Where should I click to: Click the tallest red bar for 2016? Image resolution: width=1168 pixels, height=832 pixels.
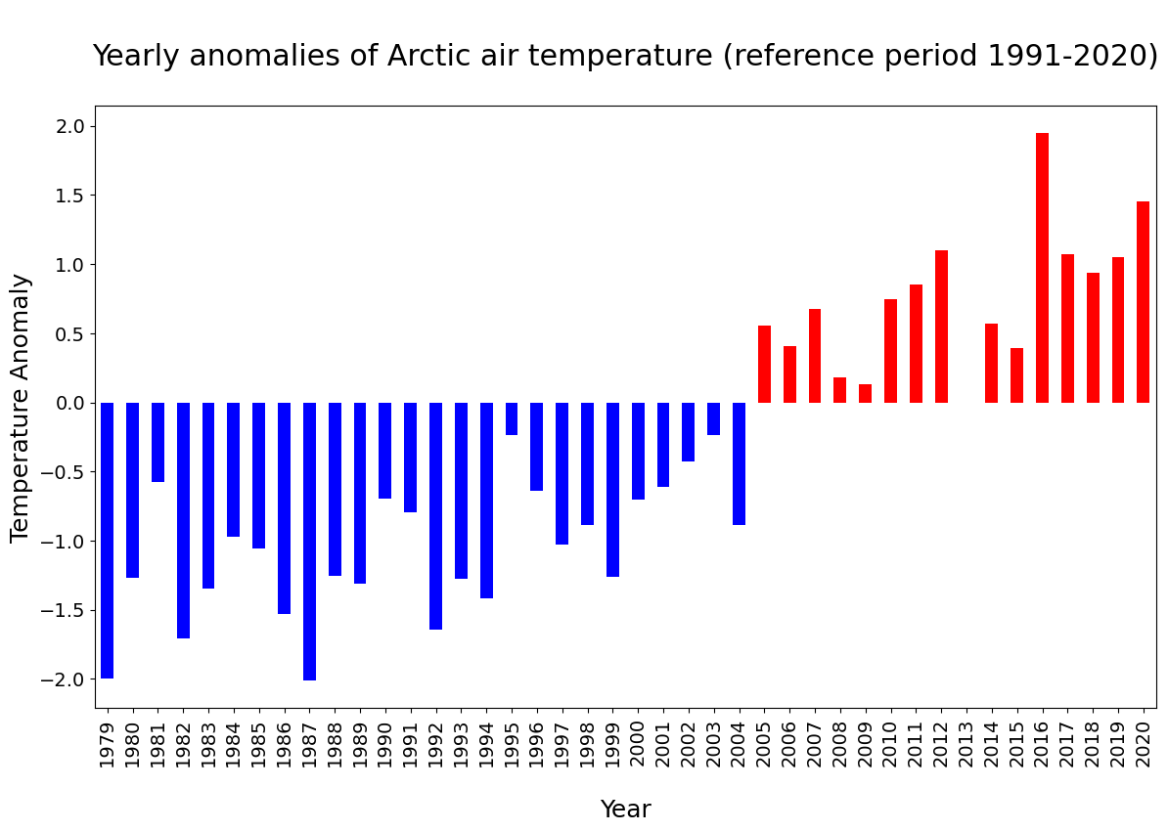point(1042,268)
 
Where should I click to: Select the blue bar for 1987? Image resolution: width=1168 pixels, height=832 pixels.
point(310,541)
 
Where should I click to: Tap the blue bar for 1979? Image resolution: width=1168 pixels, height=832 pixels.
point(108,541)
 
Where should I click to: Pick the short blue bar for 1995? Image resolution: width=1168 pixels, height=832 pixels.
point(512,419)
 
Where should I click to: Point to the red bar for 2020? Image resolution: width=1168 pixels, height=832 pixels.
point(1143,302)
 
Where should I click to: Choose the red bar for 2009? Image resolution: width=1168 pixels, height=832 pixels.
point(865,394)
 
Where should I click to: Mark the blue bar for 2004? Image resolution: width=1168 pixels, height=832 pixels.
point(739,463)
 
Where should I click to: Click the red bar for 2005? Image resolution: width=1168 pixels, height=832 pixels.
point(764,364)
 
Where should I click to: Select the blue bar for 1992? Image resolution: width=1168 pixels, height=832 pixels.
point(435,515)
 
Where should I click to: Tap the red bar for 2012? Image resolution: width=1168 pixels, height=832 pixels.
point(941,327)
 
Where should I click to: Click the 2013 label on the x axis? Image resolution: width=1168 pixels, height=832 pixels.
point(966,744)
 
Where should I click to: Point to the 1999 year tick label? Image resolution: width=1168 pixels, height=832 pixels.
point(613,744)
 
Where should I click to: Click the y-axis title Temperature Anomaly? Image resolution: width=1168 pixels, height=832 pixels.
point(20,408)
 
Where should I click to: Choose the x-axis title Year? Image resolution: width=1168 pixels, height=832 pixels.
point(626,809)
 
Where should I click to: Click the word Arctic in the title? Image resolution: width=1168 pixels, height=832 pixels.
point(428,56)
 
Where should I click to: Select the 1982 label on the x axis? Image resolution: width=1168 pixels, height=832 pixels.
point(183,744)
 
